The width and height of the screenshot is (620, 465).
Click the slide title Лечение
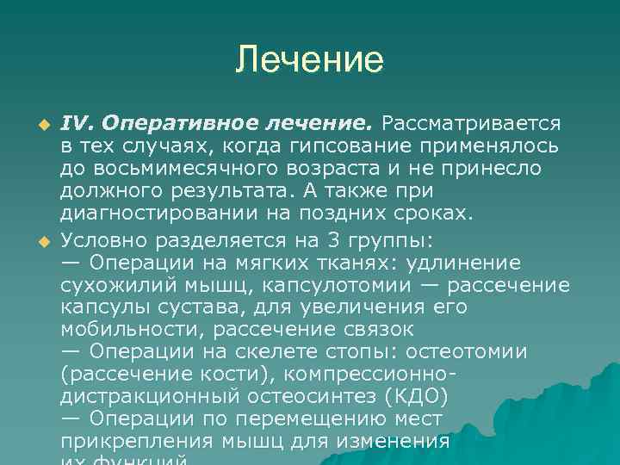(310, 60)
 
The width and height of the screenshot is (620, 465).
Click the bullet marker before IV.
(37, 124)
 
